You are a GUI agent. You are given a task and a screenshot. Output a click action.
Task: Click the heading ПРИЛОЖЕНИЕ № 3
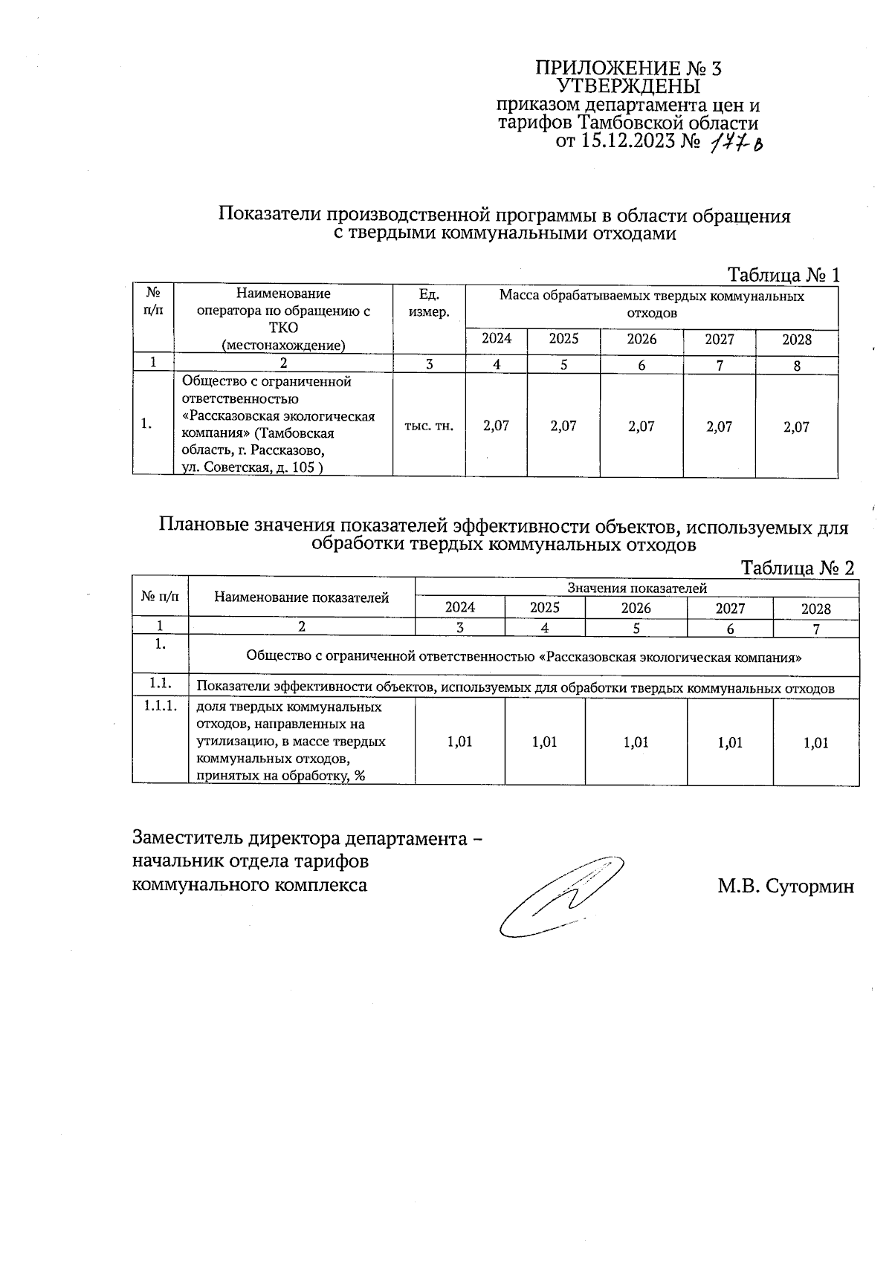628,69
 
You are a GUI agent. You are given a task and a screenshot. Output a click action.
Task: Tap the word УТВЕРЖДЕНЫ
629,87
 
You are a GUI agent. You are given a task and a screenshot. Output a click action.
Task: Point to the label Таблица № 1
783,275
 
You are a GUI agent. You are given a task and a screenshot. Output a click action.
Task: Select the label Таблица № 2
798,568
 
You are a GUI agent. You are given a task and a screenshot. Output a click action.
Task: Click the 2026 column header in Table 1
641,340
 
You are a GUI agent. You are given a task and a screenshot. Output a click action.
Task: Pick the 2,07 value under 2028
796,427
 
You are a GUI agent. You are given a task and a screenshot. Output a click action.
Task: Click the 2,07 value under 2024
497,427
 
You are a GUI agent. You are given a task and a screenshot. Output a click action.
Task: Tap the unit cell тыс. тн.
429,427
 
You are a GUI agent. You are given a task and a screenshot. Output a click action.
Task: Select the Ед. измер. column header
429,303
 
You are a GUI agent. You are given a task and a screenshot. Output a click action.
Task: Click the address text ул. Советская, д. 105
252,467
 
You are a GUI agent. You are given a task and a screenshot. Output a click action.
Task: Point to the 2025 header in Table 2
545,608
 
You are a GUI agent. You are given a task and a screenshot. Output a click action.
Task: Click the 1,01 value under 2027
730,742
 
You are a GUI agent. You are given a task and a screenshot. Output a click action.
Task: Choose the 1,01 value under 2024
460,742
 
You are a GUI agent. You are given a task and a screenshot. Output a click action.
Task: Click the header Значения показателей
636,588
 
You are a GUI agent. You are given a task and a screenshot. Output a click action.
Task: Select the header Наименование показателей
301,597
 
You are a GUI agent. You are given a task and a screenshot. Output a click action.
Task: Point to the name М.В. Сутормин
786,886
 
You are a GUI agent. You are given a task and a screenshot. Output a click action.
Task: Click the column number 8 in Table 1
797,366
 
